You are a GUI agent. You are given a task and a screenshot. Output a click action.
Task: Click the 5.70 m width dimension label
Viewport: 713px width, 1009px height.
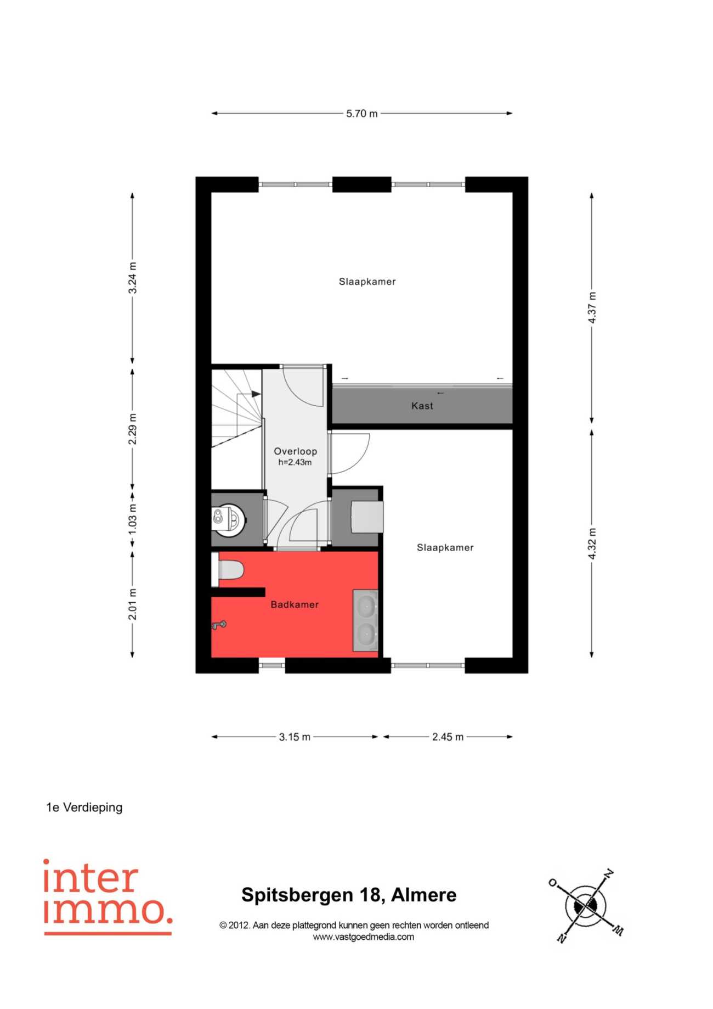pyautogui.click(x=361, y=114)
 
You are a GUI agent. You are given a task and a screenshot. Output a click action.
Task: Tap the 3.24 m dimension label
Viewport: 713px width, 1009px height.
pyautogui.click(x=133, y=278)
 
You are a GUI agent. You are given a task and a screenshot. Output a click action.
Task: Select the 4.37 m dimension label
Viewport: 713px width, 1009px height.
pyautogui.click(x=592, y=307)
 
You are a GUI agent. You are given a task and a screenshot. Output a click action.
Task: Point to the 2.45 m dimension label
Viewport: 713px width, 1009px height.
pyautogui.click(x=448, y=737)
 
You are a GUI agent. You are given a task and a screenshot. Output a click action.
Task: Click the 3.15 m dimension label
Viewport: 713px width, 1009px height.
pyautogui.click(x=295, y=737)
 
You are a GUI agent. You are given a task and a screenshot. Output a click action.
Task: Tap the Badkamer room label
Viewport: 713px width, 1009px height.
pyautogui.click(x=295, y=604)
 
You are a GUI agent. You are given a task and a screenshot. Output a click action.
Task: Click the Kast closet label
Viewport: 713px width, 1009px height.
pyautogui.click(x=422, y=406)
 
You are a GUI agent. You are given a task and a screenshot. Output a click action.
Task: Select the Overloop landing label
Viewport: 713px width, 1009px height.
pyautogui.click(x=296, y=451)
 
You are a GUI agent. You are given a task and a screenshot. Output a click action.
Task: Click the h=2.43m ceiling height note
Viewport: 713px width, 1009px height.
pyautogui.click(x=295, y=462)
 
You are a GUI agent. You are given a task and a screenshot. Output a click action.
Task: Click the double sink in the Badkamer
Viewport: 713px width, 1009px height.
pyautogui.click(x=366, y=620)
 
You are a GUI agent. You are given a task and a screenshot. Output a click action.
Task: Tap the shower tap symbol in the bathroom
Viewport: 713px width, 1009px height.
pyautogui.click(x=219, y=625)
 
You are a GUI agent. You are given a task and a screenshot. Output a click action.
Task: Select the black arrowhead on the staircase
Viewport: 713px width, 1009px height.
pyautogui.click(x=256, y=394)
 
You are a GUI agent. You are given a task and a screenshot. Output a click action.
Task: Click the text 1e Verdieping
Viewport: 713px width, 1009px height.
pyautogui.click(x=84, y=808)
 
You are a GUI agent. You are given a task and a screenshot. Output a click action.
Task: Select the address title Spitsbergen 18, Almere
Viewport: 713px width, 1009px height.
pyautogui.click(x=349, y=895)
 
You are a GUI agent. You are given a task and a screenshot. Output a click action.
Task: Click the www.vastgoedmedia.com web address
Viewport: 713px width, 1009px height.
pyautogui.click(x=364, y=937)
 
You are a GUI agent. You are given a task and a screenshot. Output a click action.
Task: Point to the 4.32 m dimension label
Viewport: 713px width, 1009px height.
pyautogui.click(x=592, y=543)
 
